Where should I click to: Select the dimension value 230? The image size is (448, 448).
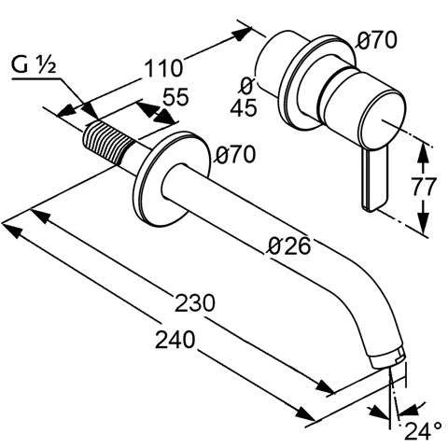point(197,303)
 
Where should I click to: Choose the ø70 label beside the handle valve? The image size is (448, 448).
point(377,39)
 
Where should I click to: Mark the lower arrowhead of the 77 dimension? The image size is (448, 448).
point(424,228)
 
